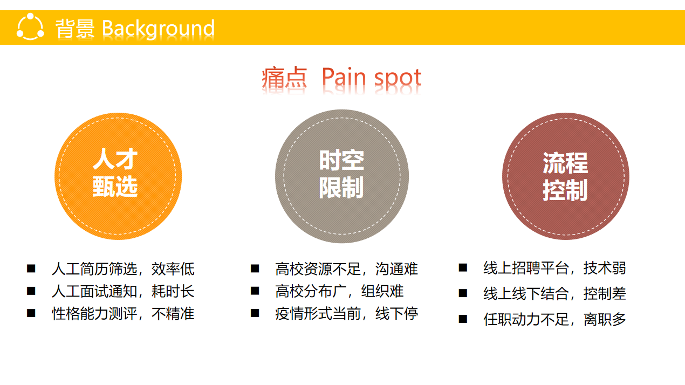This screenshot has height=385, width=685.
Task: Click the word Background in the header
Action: coord(158,29)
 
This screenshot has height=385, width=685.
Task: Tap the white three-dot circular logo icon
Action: coord(30,26)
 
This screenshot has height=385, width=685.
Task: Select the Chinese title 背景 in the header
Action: coord(75,29)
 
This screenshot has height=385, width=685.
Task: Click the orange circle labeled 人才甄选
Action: coord(118,176)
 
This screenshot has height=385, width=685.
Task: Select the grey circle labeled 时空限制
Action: coord(342,176)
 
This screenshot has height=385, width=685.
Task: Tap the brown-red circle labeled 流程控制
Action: coord(566,176)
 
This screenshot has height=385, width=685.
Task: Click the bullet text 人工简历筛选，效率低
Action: coord(123,269)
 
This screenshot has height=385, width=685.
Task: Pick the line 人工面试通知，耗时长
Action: coord(123,291)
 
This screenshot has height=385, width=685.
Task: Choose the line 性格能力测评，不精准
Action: coord(123,314)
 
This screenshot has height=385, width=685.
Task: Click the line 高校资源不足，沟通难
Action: coord(346,269)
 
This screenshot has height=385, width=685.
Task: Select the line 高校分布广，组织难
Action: coord(339,291)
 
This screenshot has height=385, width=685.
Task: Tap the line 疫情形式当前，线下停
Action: coord(346,314)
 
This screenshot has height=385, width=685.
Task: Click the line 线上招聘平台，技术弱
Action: coord(554,268)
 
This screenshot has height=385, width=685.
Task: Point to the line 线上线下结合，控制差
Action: coord(554,293)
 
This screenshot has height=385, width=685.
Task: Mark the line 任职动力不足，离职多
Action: coord(554,319)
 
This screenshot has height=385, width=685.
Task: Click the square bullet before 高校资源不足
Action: coord(255,269)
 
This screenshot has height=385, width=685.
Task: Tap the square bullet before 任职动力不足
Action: coord(463,319)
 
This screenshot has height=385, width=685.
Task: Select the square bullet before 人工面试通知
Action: coord(31,291)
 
